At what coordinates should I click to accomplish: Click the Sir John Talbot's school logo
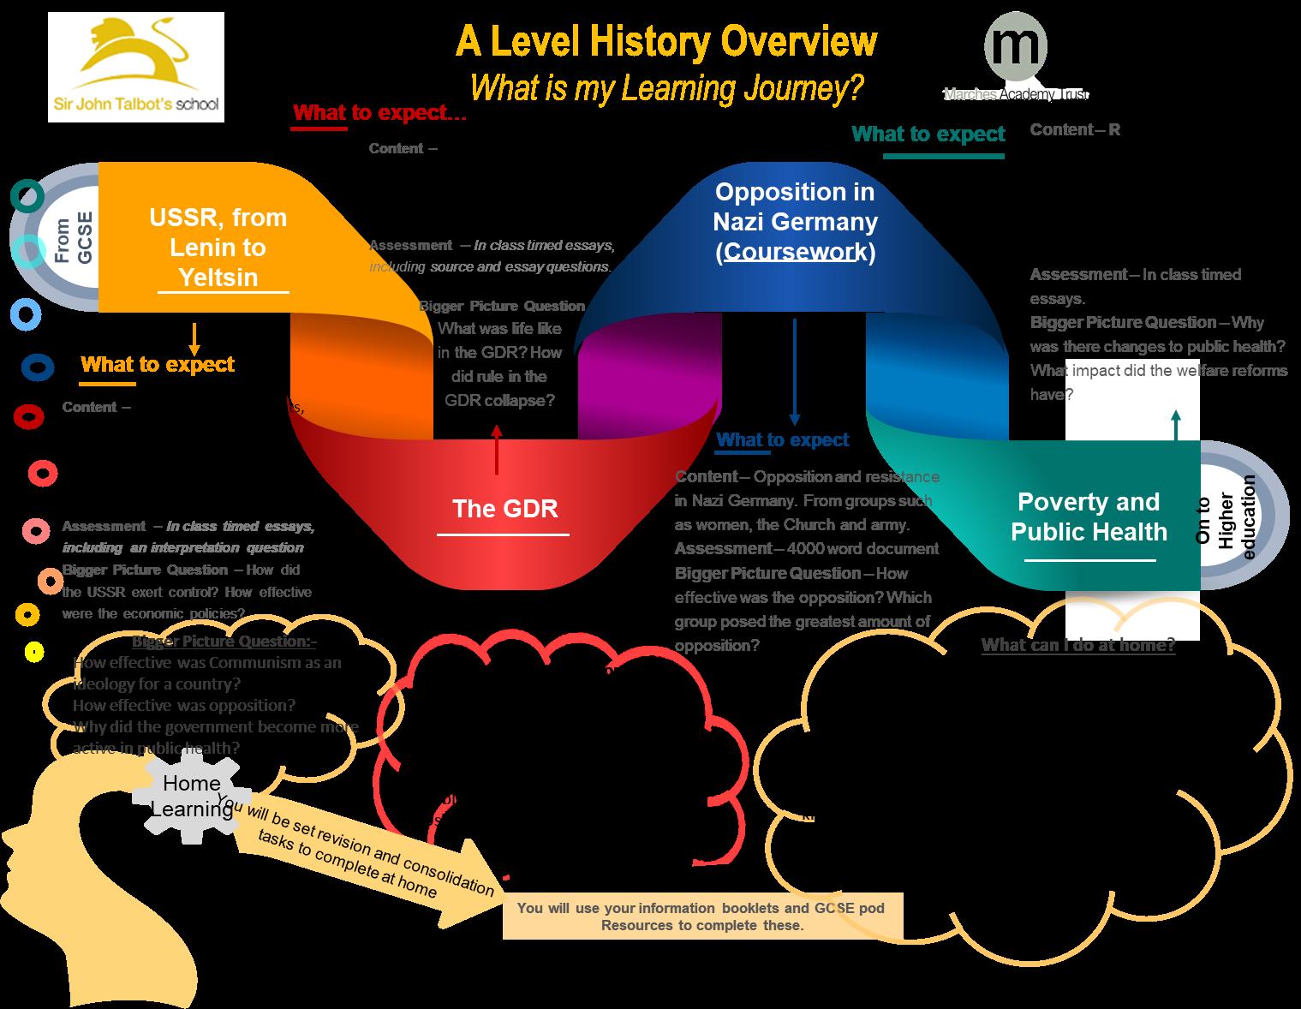coord(135,67)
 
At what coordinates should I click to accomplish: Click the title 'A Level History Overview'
coord(665,41)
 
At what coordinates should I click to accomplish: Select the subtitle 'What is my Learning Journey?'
coord(665,87)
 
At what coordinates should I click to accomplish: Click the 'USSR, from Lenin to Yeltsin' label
coord(218,247)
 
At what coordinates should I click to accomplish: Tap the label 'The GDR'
coord(504,509)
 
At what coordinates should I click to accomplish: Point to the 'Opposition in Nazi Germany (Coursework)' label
coord(796,221)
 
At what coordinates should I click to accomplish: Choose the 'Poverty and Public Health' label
coord(1089,516)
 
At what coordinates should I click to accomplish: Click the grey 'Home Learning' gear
coord(192,795)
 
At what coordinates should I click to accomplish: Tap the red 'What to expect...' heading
coord(379,113)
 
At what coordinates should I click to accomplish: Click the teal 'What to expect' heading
coord(928,134)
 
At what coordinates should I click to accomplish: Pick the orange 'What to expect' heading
coord(157,364)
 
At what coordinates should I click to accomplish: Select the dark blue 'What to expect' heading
coord(782,439)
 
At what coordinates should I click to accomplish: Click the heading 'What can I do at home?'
coord(1077,645)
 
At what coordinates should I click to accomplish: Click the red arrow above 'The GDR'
coord(497,450)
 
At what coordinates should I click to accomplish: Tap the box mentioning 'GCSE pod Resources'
coord(701,916)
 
